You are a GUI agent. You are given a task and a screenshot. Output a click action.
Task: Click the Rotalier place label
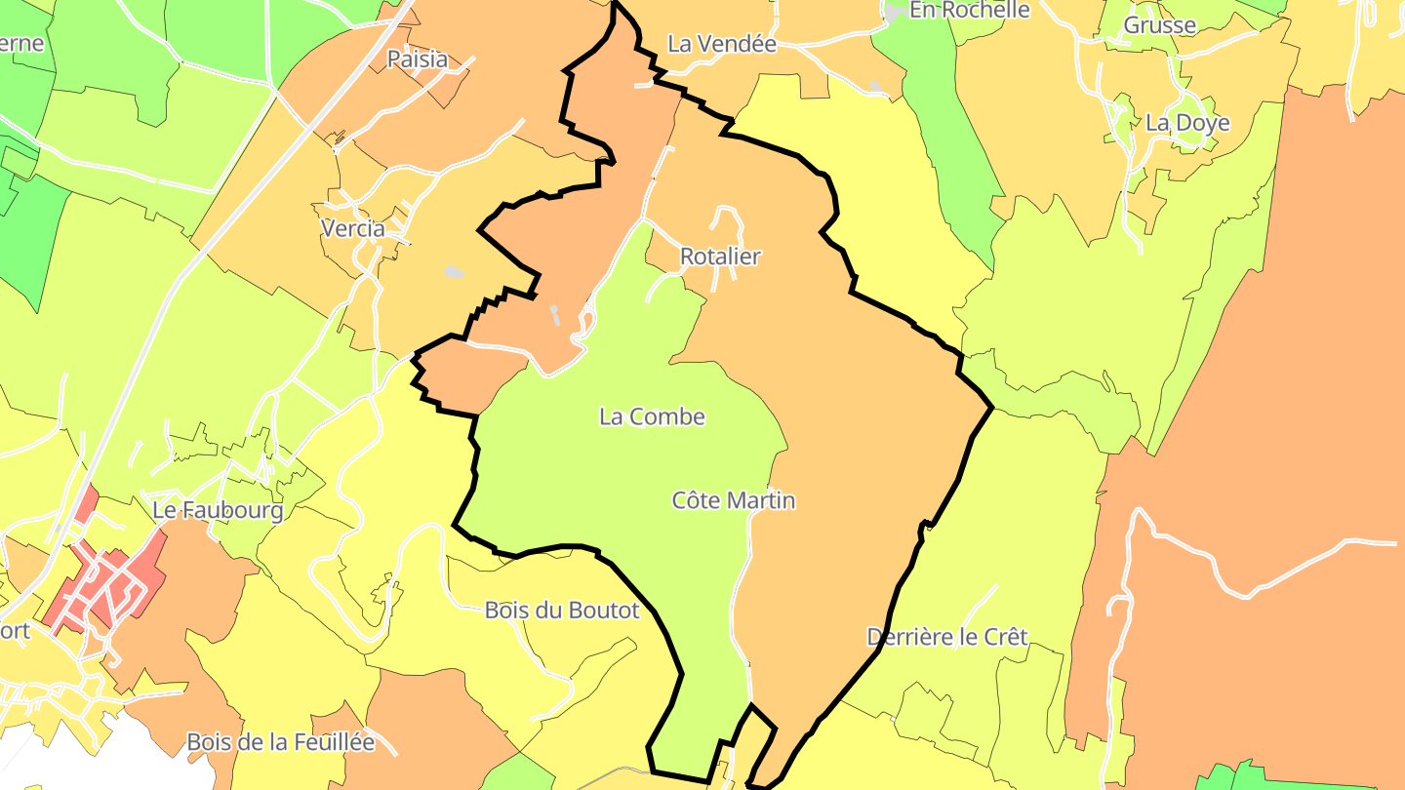point(720,257)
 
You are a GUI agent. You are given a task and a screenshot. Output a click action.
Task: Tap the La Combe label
point(652,416)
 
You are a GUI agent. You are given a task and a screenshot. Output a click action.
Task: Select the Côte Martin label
point(734,500)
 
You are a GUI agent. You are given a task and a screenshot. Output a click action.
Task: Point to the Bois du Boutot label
point(562,611)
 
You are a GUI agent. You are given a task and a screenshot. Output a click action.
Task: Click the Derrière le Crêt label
point(947,637)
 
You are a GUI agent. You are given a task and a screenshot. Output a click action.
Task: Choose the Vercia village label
point(352,228)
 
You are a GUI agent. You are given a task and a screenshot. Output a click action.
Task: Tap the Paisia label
point(418,59)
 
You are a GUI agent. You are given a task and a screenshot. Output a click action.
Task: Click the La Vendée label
point(722,44)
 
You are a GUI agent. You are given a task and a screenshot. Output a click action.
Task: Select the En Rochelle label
point(969,10)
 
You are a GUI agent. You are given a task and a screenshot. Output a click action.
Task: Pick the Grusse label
point(1160,25)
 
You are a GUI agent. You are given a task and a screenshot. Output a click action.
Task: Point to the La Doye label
point(1187,123)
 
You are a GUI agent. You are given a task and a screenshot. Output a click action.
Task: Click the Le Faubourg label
point(218,510)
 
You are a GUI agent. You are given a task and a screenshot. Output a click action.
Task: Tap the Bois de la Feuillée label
point(281,742)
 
